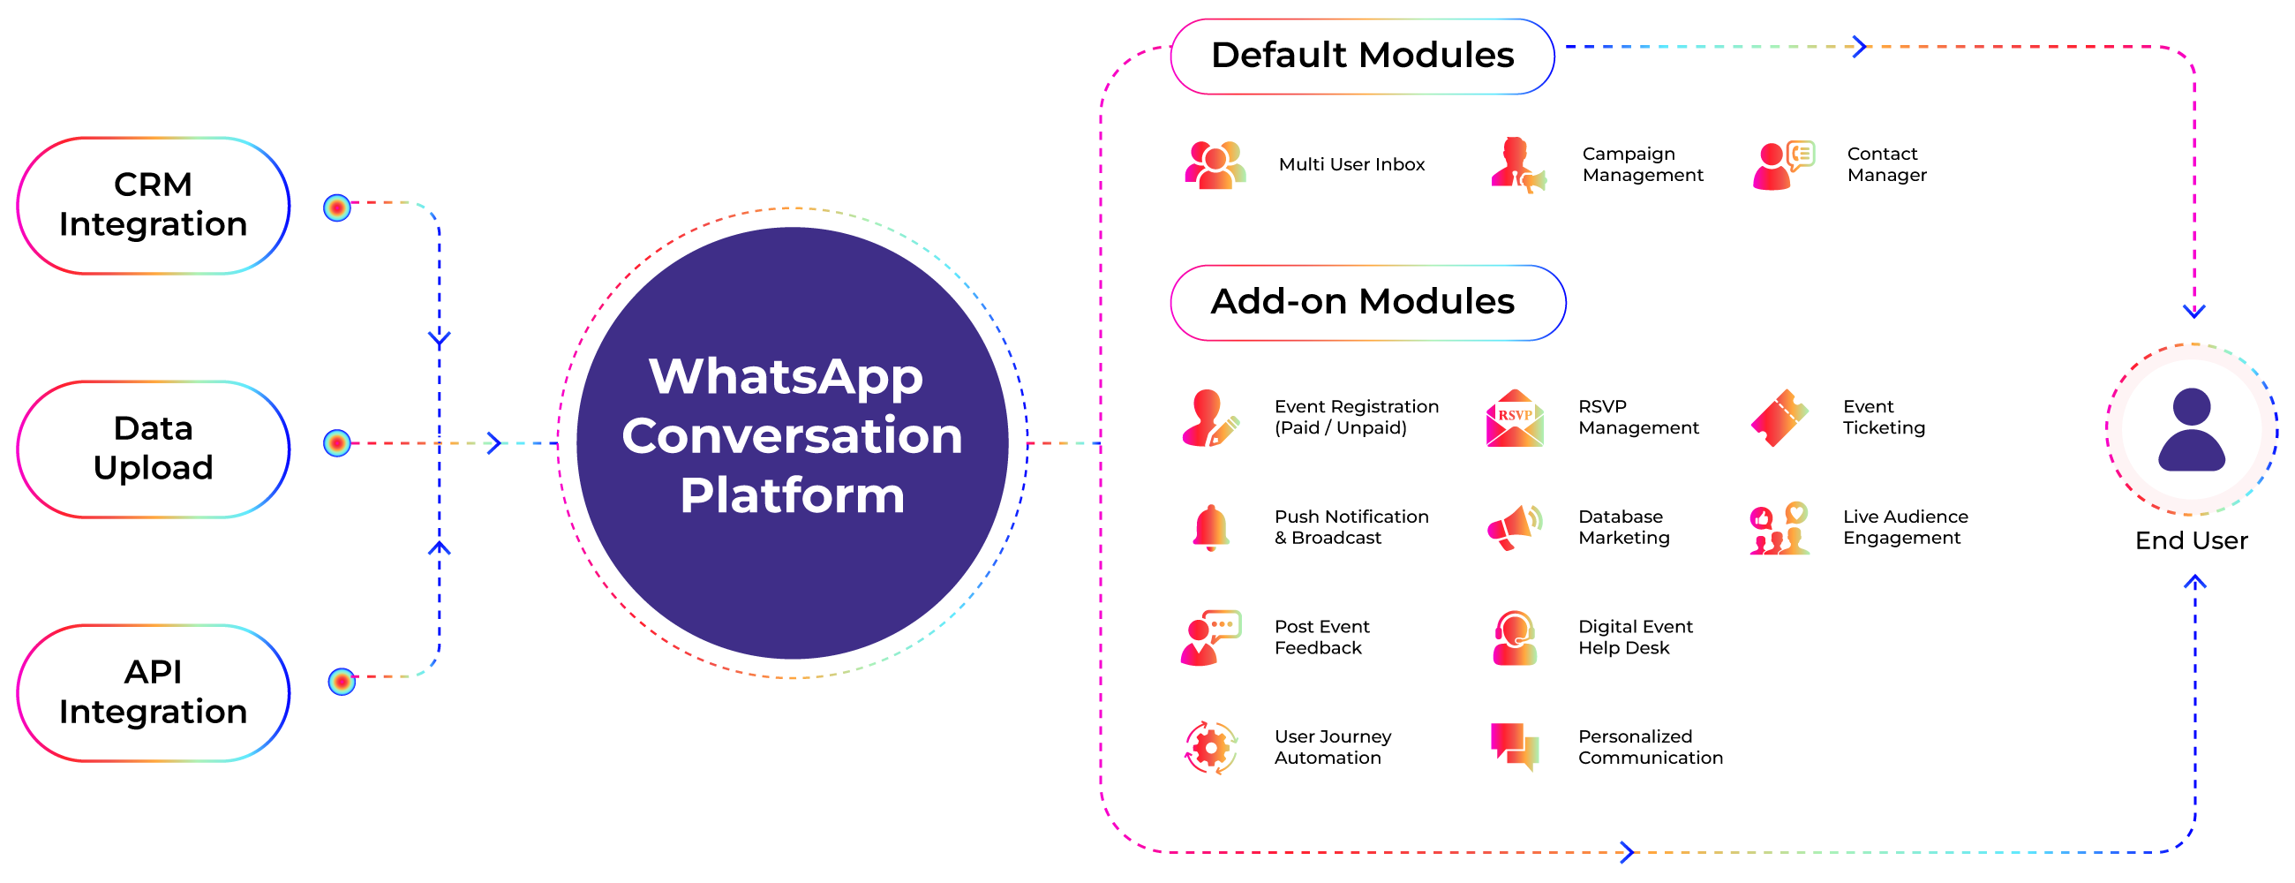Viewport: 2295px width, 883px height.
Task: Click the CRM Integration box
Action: (x=154, y=205)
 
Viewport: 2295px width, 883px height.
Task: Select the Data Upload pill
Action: (x=154, y=449)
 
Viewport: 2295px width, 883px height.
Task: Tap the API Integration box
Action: (x=154, y=692)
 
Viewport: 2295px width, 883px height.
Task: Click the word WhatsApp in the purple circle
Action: (x=786, y=377)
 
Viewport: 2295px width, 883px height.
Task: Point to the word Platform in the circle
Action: (x=792, y=495)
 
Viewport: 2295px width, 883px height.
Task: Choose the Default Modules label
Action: (x=1362, y=56)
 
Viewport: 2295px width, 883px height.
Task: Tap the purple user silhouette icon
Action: (x=2192, y=429)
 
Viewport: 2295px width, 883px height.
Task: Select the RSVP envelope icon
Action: (x=1515, y=418)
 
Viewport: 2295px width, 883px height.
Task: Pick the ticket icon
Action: (x=1780, y=418)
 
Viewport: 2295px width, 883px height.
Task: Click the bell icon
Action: (x=1211, y=527)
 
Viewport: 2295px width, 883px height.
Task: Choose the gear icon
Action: (x=1211, y=748)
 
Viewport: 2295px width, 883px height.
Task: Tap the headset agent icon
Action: (x=1515, y=638)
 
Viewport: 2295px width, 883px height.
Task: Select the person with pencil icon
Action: (x=1211, y=418)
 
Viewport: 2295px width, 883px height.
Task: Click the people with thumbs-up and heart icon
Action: (x=1780, y=527)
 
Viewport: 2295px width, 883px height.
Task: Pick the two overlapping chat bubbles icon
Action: (x=1515, y=748)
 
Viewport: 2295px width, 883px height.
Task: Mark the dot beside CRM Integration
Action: (x=337, y=208)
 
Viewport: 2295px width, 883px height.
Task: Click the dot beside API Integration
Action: (x=342, y=682)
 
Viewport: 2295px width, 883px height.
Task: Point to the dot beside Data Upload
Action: (x=337, y=443)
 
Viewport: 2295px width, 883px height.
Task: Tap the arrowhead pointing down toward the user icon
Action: (x=2194, y=311)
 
